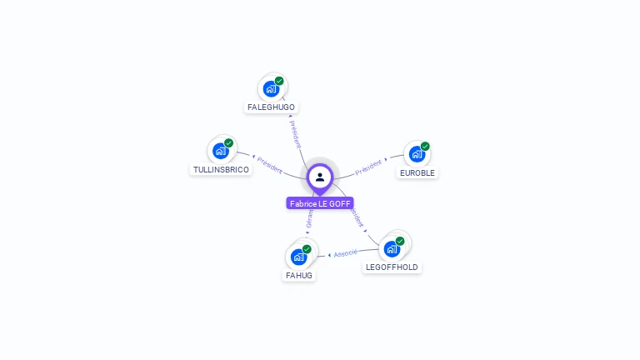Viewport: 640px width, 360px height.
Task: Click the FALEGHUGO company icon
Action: pyautogui.click(x=272, y=87)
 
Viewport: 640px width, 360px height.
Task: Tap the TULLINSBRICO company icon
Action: pyautogui.click(x=221, y=150)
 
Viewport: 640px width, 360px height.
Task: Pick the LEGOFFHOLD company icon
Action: pyautogui.click(x=392, y=248)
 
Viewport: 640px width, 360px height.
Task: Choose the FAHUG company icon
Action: pyautogui.click(x=299, y=256)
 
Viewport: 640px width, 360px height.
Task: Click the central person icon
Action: pyautogui.click(x=320, y=177)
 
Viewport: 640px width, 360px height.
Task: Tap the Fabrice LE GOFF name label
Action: pyautogui.click(x=320, y=203)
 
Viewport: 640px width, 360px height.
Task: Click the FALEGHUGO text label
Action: pyautogui.click(x=271, y=107)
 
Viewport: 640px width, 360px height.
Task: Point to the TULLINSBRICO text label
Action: pyautogui.click(x=221, y=170)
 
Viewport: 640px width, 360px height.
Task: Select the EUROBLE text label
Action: pyautogui.click(x=417, y=173)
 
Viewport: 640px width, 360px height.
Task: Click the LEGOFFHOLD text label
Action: pyautogui.click(x=392, y=267)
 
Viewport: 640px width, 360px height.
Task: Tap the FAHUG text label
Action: pyautogui.click(x=299, y=276)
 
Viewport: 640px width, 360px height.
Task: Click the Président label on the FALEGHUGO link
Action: pyautogui.click(x=294, y=133)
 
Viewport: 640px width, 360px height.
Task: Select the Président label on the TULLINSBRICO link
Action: pyautogui.click(x=270, y=165)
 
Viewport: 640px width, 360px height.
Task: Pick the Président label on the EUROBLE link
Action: pyautogui.click(x=368, y=167)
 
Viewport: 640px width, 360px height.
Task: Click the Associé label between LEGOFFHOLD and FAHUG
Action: pyautogui.click(x=345, y=252)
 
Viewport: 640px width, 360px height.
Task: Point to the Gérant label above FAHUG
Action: pyautogui.click(x=309, y=218)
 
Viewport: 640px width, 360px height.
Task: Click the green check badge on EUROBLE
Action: pyautogui.click(x=425, y=146)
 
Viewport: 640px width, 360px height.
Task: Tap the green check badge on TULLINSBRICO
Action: pyautogui.click(x=229, y=142)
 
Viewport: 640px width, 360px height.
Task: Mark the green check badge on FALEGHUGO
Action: pyautogui.click(x=279, y=81)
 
